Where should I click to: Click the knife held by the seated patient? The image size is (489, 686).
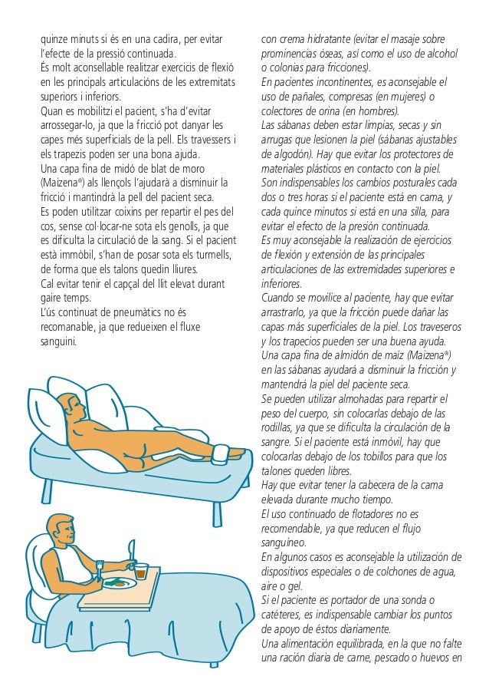click(x=132, y=551)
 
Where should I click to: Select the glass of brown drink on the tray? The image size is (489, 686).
click(x=140, y=572)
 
